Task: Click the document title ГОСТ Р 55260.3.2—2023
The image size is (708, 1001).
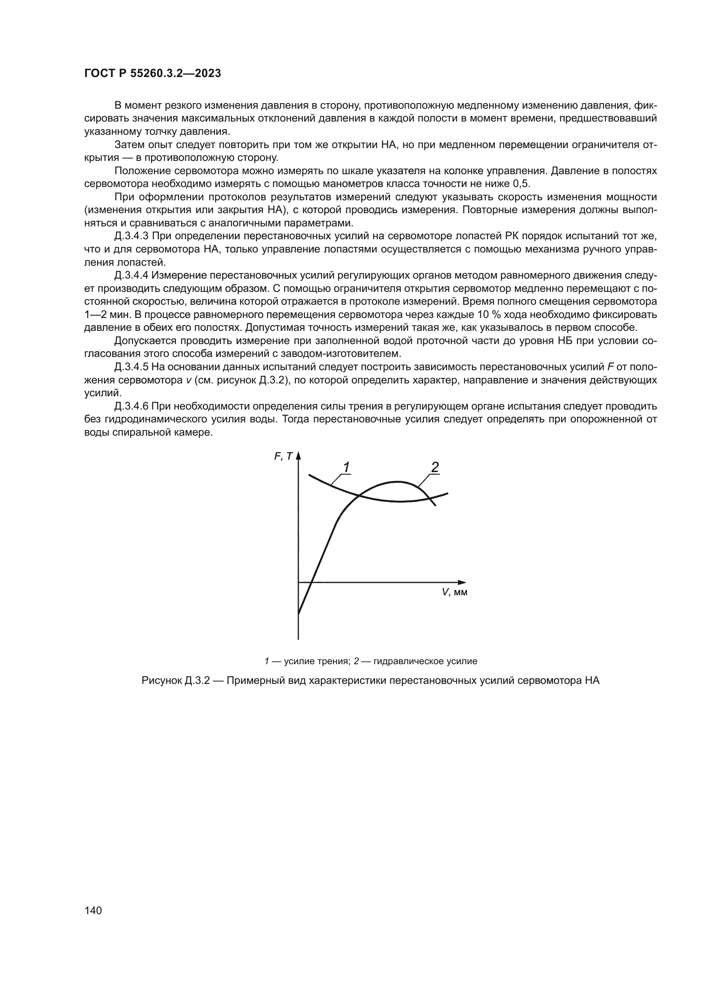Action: (152, 74)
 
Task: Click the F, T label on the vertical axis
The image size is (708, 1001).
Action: (283, 457)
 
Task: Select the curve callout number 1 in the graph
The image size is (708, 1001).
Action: (346, 467)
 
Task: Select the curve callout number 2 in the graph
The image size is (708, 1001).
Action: (434, 467)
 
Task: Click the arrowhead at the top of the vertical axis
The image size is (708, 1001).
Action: (299, 456)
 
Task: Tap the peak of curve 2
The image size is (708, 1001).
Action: (398, 482)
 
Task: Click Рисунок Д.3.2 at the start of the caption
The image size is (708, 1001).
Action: (176, 680)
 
